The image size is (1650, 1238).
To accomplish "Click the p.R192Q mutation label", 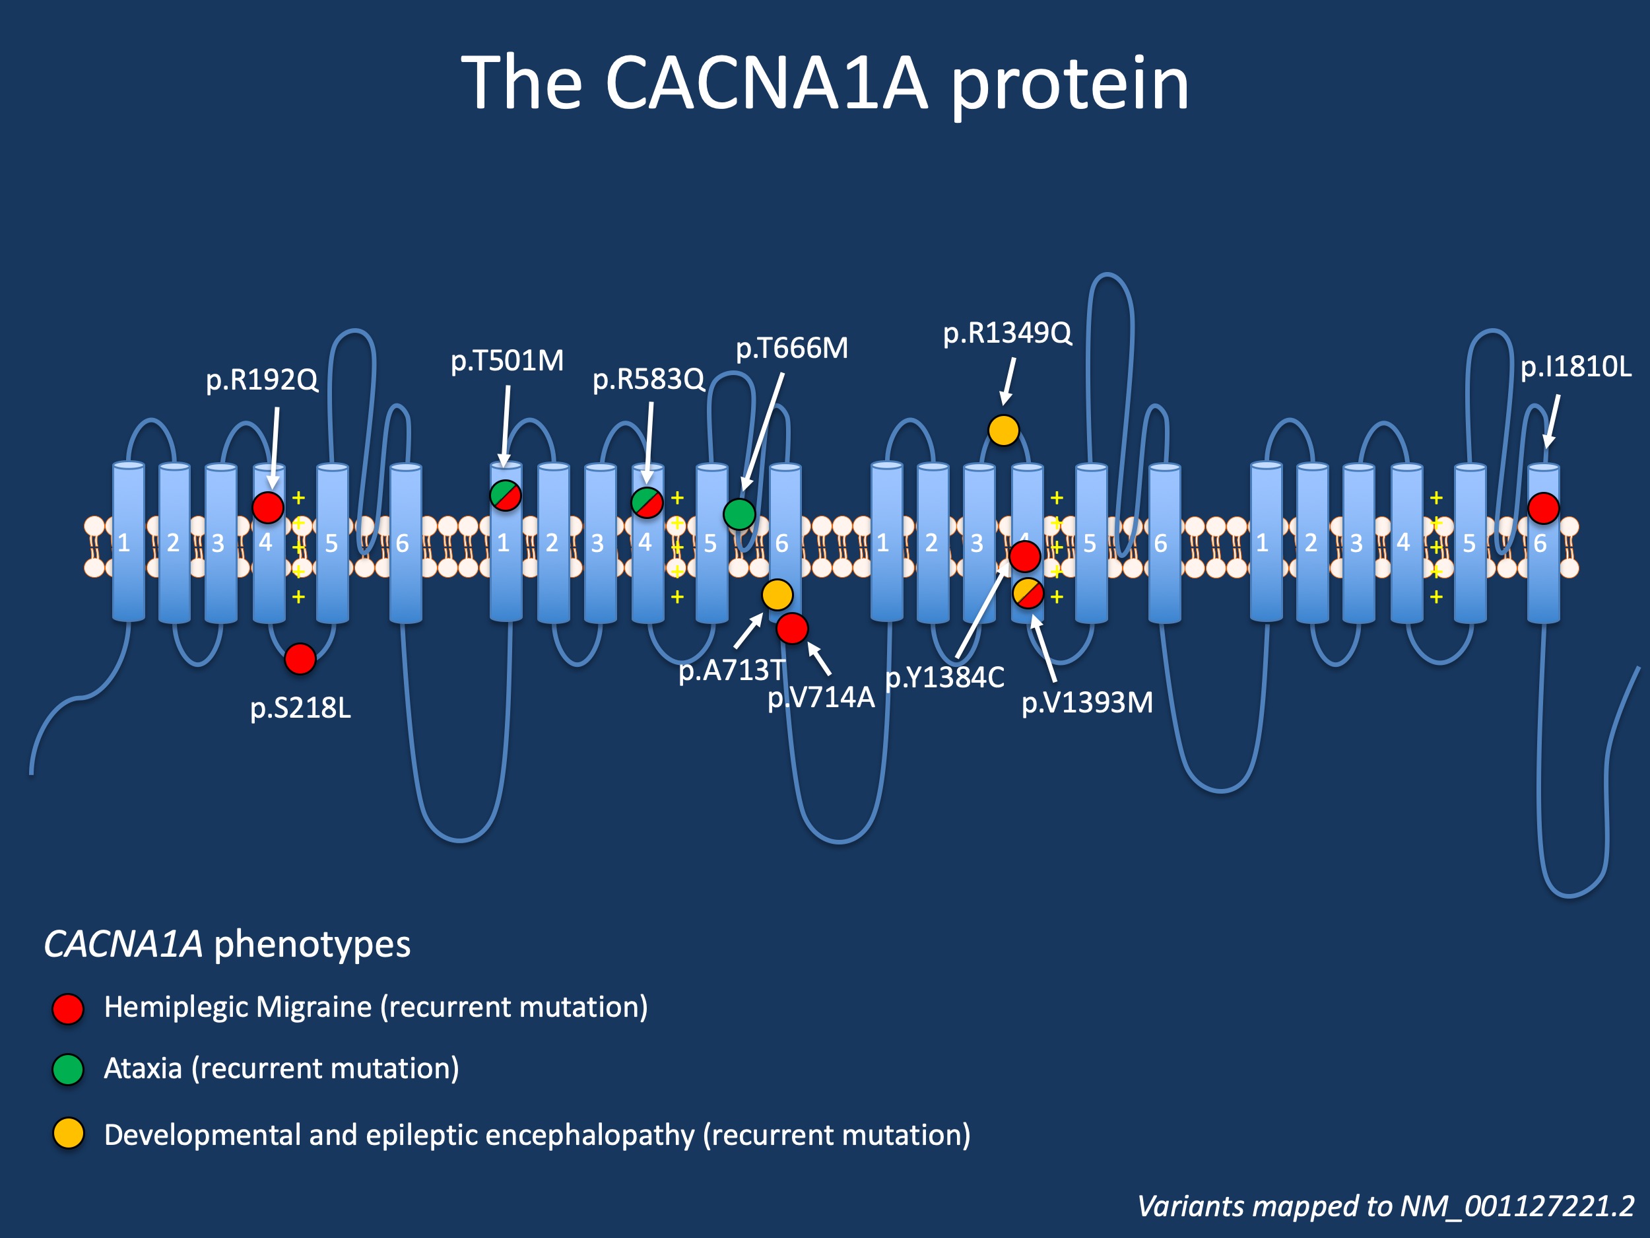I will click(x=262, y=380).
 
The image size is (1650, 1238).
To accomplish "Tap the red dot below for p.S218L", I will click(x=300, y=659).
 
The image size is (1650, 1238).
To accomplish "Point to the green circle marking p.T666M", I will click(x=739, y=514).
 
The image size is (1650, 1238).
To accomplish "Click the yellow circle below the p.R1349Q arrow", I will click(x=1003, y=430).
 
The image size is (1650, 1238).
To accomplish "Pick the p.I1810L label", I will click(x=1575, y=367).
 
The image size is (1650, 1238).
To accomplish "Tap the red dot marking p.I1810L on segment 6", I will click(x=1543, y=508).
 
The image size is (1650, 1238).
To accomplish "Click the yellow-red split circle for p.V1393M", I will click(x=1028, y=594).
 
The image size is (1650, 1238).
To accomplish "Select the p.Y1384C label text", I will click(x=944, y=677).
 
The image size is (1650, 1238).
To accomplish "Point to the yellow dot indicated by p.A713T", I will click(x=777, y=595).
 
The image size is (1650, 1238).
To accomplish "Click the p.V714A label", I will click(x=820, y=697).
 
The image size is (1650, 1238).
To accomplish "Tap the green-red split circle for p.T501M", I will click(x=505, y=495).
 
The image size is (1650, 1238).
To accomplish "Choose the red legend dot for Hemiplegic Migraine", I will click(x=68, y=1009).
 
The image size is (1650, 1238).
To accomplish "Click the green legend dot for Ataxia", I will click(x=68, y=1070).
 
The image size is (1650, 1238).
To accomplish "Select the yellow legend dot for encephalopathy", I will click(x=68, y=1134).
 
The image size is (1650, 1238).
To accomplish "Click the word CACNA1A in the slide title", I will click(x=766, y=84).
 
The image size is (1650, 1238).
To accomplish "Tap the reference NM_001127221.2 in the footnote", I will click(x=1517, y=1206).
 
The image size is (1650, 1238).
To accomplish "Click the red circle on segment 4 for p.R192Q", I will click(x=268, y=508).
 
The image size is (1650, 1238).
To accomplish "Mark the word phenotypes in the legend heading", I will click(x=312, y=945).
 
